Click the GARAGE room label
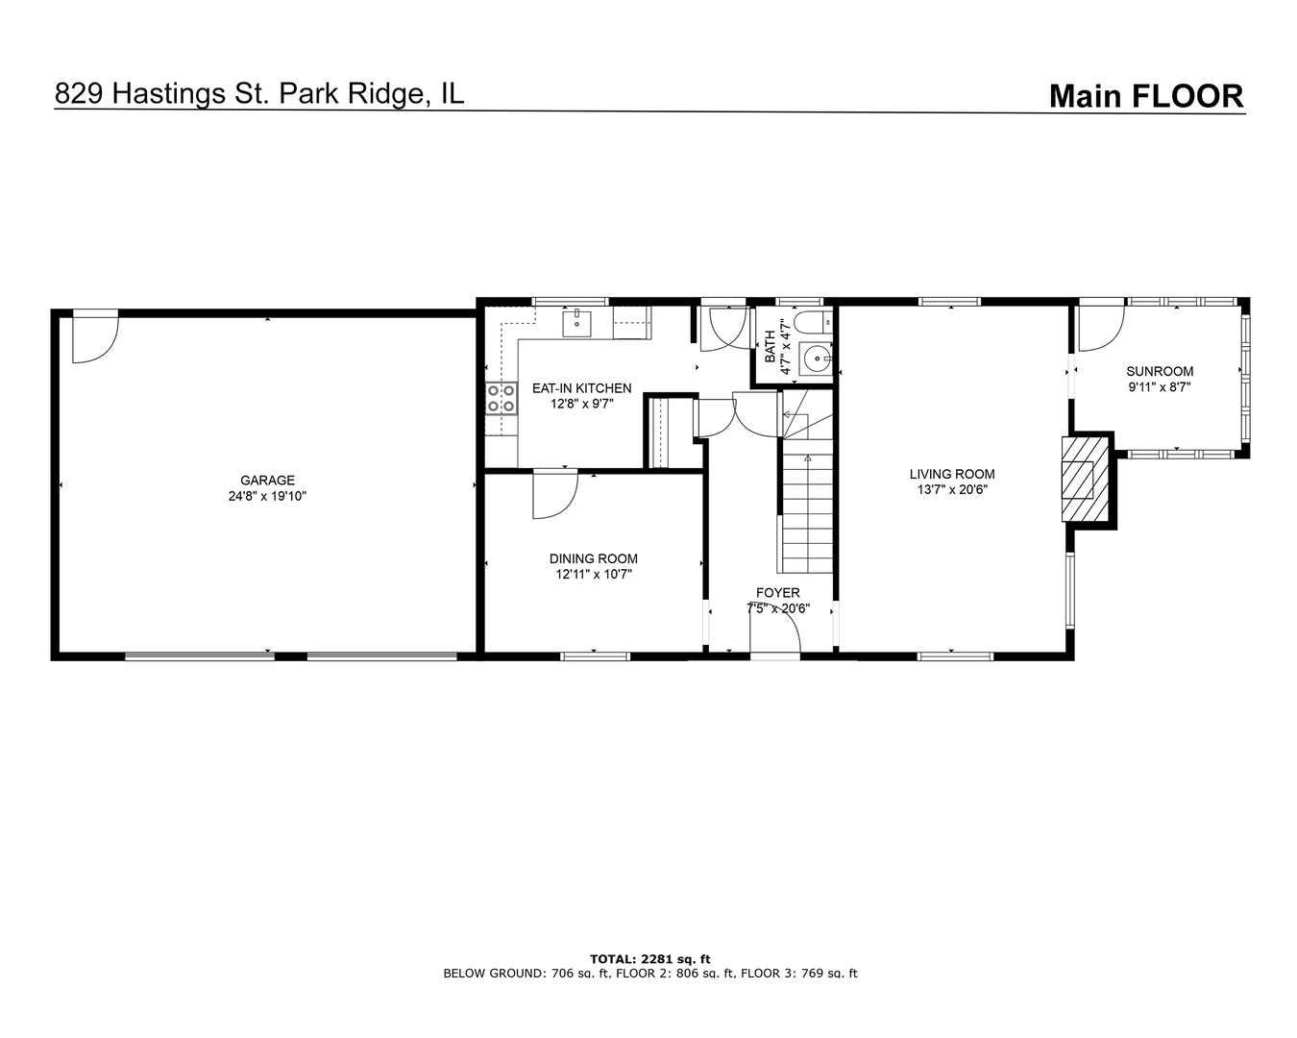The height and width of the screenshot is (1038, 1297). [x=267, y=481]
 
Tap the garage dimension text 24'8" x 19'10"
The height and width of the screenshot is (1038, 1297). [x=267, y=497]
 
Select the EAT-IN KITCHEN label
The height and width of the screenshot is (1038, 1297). [x=582, y=388]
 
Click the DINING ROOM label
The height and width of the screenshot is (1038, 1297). [x=593, y=558]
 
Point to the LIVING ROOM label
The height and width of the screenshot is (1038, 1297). [x=952, y=474]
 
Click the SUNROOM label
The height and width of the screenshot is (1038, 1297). [x=1160, y=371]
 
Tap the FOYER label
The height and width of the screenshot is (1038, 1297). [x=777, y=593]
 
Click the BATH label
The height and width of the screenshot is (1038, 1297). [x=770, y=347]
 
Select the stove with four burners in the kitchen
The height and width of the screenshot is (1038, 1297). [x=500, y=398]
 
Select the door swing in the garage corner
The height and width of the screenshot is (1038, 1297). [x=93, y=338]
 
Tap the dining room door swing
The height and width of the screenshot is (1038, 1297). [x=554, y=494]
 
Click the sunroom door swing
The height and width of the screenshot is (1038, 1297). [x=1101, y=329]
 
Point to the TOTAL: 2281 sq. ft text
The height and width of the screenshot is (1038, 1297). [x=649, y=958]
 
